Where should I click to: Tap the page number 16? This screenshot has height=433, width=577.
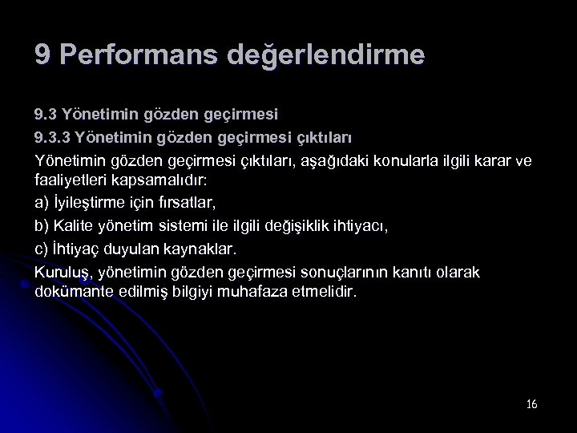click(x=531, y=403)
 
